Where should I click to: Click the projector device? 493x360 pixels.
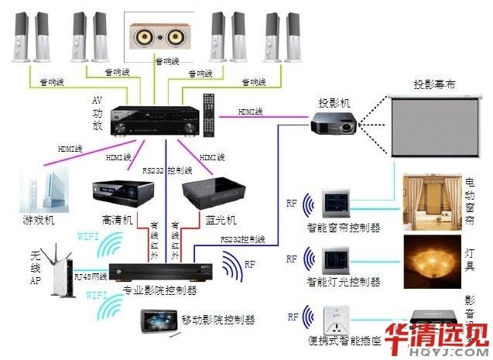pos(334,122)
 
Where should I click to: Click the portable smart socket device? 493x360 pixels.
pos(330,320)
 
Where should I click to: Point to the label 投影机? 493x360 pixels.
pos(334,102)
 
